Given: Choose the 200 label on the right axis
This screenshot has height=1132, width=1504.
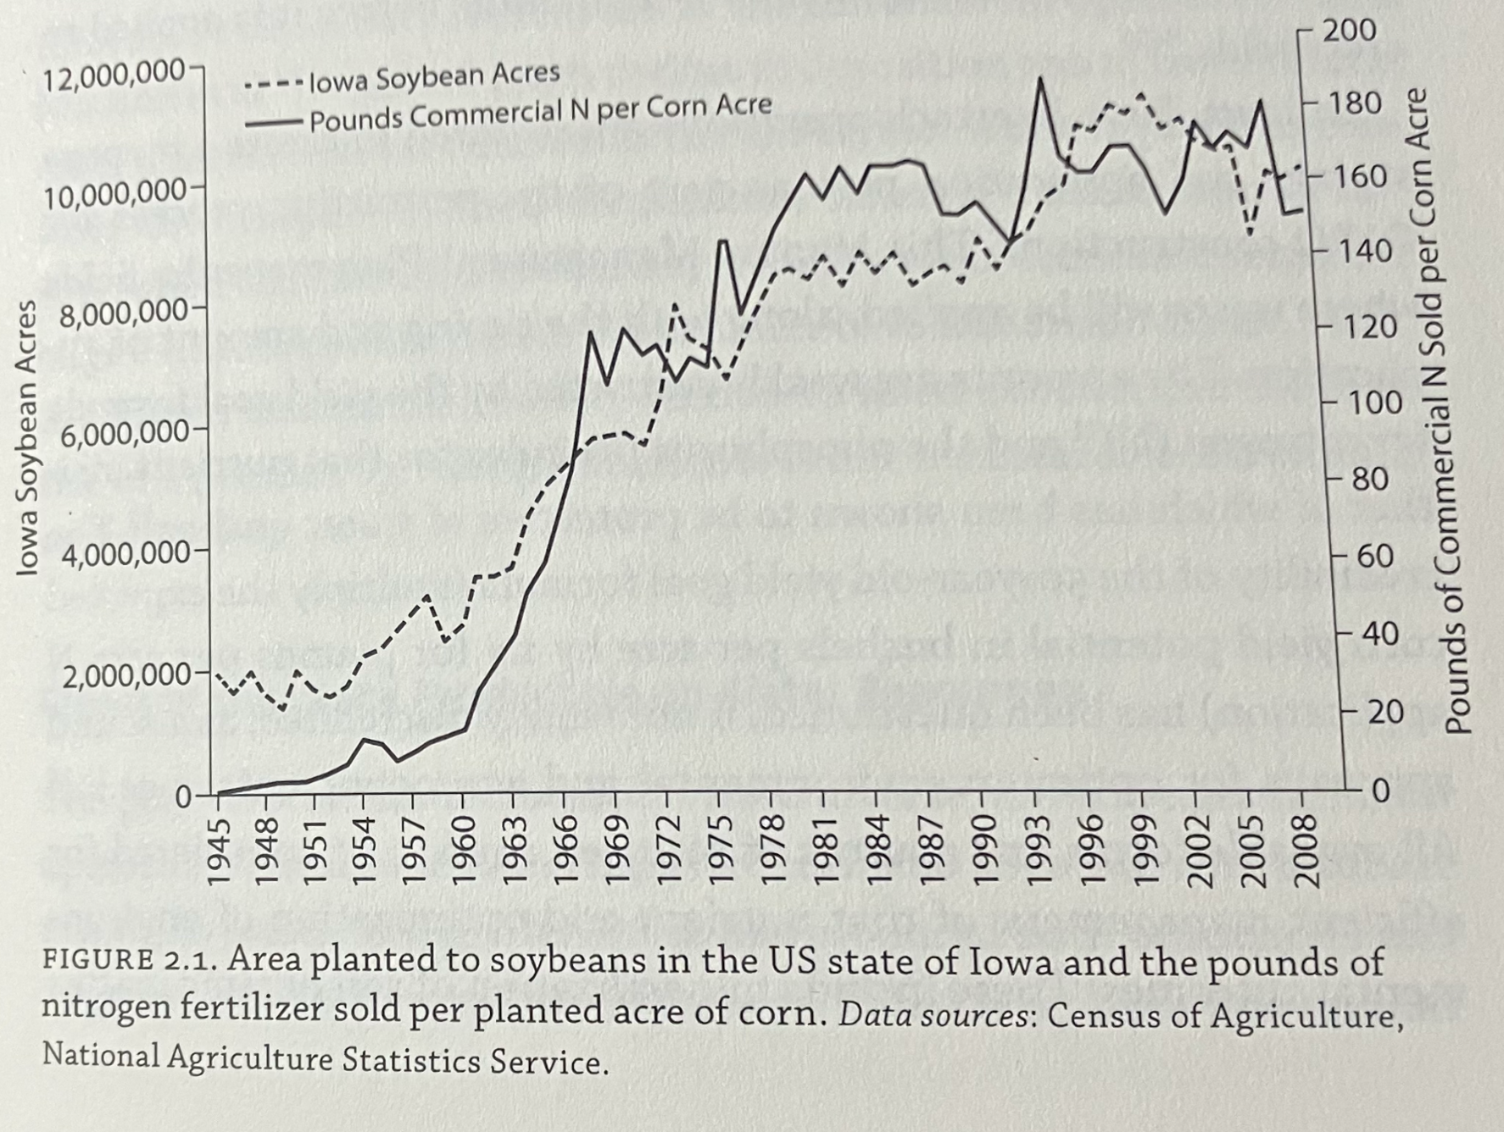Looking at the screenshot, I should pos(1351,31).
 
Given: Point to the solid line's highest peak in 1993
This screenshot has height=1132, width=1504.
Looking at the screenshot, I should pos(1039,79).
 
